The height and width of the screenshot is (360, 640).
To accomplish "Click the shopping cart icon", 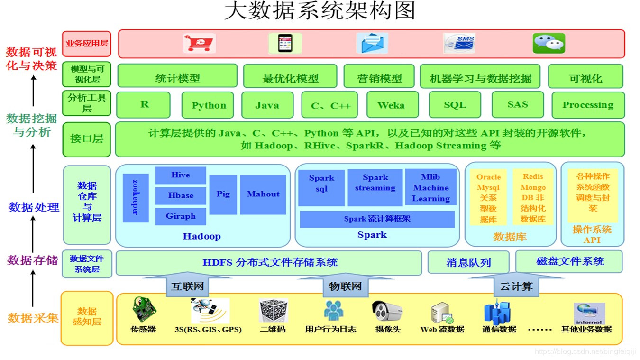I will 199,43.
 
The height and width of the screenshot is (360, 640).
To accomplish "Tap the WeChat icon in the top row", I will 549,43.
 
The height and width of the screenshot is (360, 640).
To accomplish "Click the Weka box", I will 392,105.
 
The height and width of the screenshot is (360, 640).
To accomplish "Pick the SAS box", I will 517,104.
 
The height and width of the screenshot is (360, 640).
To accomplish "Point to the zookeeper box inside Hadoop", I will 136,198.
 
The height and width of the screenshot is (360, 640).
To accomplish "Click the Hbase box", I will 181,195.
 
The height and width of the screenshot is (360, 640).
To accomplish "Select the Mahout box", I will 263,194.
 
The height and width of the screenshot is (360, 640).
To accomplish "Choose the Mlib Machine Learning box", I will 430,187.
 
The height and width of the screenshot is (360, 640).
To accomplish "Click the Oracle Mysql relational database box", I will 488,197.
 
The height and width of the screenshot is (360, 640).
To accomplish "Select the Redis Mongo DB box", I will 533,197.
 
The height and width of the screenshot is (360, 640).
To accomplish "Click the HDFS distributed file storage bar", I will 269,262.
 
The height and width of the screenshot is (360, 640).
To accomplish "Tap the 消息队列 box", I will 468,262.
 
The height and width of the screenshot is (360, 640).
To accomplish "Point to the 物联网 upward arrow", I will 345,285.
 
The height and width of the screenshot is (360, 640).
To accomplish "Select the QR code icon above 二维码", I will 273,311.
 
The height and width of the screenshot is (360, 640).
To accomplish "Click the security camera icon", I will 387,312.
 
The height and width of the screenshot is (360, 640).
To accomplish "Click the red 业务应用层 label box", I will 87,44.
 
